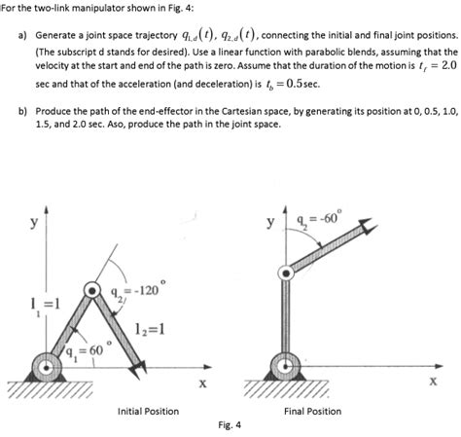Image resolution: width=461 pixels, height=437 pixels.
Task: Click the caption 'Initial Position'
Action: pos(147,412)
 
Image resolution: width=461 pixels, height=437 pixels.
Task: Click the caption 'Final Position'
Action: pos(312,412)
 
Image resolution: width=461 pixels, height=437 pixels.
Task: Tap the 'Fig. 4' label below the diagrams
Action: pos(230,425)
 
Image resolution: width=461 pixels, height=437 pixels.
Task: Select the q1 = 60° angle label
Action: pos(81,349)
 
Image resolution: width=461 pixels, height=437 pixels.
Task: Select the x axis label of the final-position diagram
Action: pos(433,382)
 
